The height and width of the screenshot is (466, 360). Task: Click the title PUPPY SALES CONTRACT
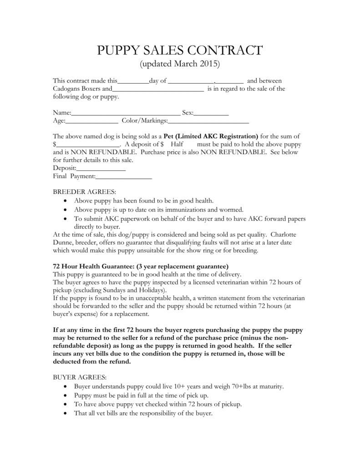click(180, 51)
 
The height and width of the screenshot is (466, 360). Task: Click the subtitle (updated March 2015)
click(180, 64)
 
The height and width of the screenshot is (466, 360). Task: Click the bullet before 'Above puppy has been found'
click(66, 201)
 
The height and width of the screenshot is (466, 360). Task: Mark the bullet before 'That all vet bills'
click(66, 414)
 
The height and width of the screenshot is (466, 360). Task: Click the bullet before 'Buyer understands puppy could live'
click(66, 386)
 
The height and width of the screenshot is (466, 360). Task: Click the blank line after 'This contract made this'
click(133, 81)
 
